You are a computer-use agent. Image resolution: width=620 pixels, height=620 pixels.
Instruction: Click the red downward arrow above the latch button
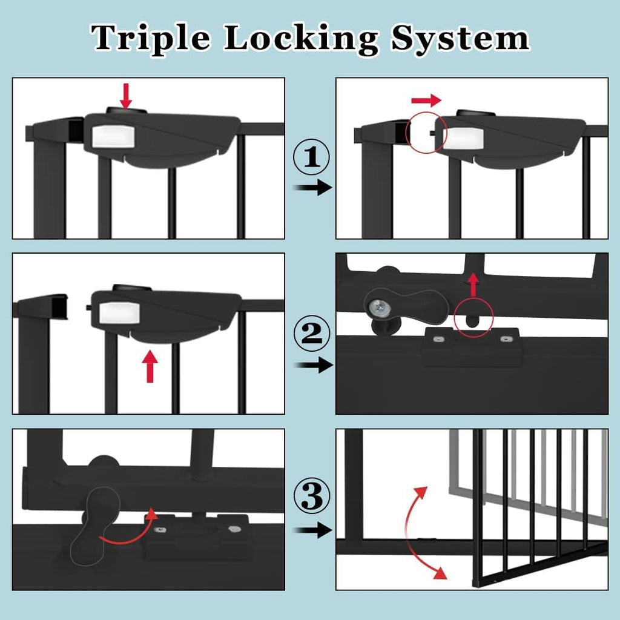126,95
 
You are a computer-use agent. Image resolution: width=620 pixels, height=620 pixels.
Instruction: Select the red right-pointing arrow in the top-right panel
426,99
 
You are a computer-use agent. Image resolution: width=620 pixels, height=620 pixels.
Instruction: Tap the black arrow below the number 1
312,187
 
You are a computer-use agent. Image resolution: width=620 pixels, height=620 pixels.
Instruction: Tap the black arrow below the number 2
312,364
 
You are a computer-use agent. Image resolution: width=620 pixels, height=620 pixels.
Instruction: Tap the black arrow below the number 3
312,530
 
